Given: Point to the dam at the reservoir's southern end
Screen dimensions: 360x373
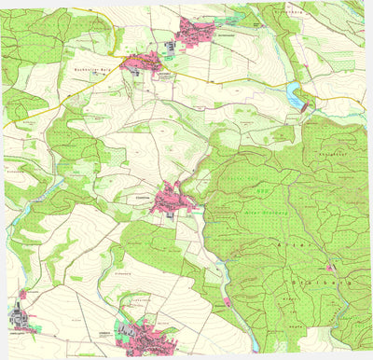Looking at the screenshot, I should tap(304, 105).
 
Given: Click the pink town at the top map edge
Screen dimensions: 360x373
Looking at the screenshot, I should tap(200, 28).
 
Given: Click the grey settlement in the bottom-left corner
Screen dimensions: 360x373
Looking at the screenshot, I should tap(21, 322).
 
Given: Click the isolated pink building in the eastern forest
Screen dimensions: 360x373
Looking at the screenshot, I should tap(328, 268).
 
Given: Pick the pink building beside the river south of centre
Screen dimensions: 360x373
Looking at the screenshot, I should tap(226, 301).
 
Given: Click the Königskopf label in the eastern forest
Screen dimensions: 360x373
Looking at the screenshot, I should tap(333, 152).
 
